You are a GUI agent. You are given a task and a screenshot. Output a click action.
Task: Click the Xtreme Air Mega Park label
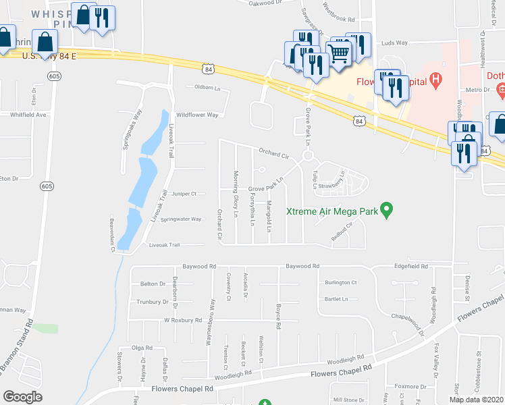331,212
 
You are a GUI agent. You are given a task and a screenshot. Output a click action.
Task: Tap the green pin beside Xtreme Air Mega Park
386,210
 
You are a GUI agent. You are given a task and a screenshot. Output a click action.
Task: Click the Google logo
22,397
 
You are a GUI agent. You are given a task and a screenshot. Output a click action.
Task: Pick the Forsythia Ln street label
252,209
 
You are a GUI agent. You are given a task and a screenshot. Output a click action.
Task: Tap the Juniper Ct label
184,194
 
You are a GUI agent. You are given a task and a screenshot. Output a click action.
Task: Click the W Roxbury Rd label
183,320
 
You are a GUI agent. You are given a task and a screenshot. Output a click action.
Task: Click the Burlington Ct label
340,282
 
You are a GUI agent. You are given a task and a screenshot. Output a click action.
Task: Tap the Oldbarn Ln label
208,87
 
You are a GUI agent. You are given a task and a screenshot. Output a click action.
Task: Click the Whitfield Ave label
28,115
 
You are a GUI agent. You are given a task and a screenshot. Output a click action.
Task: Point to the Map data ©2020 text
476,400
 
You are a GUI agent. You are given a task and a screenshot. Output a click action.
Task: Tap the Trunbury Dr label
152,302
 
